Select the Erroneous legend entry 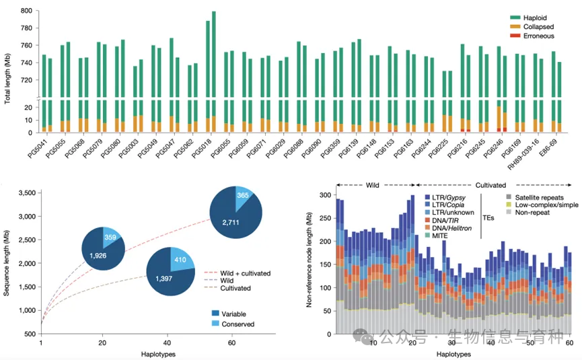[x=539, y=34]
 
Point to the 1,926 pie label [x=100, y=258]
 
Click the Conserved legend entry [x=233, y=324]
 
